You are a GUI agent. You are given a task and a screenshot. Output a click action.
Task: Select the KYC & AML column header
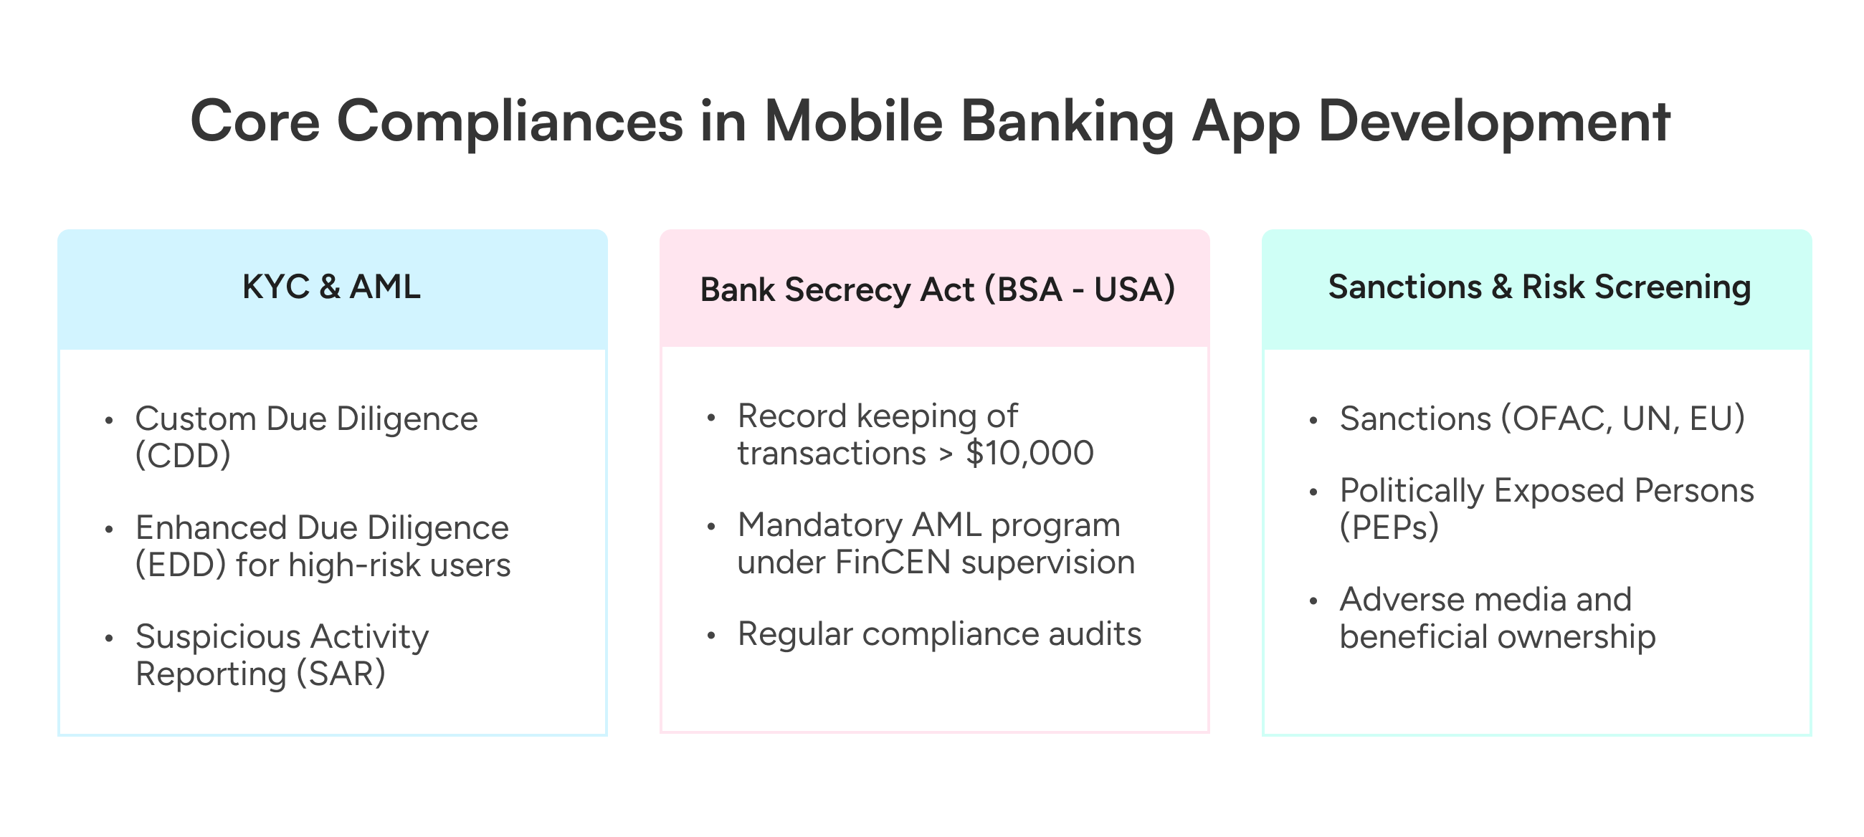(331, 287)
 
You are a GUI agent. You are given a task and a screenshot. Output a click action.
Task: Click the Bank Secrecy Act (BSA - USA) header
(937, 290)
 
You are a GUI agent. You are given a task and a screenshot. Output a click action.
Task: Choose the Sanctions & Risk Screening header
(1540, 287)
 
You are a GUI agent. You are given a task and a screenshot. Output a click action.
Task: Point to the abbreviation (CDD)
(183, 456)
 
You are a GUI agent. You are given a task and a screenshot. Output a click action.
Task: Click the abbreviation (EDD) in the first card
(181, 565)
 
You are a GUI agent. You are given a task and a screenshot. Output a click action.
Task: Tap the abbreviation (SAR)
(341, 674)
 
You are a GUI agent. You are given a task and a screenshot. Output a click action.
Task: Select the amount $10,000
(1030, 454)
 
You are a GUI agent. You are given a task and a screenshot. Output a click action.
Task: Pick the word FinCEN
(893, 563)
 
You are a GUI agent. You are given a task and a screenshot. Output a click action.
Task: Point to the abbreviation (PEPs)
(1389, 528)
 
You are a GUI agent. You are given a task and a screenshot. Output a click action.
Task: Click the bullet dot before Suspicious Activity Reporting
(109, 638)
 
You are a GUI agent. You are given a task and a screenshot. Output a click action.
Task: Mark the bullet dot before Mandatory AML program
(711, 527)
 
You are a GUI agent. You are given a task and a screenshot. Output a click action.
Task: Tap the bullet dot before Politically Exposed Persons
(1314, 492)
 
